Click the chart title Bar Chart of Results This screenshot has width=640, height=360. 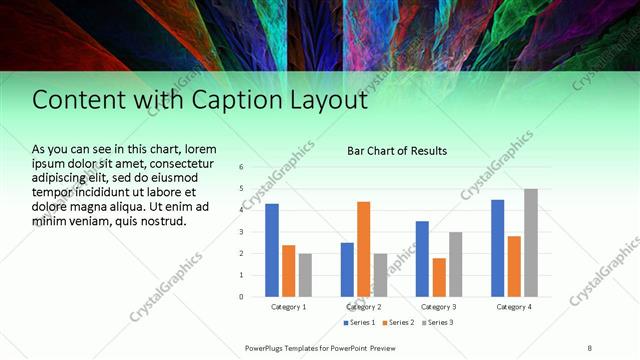click(x=396, y=151)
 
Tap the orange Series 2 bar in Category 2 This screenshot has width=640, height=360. click(x=363, y=249)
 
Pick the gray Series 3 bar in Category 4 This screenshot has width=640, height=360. click(x=530, y=242)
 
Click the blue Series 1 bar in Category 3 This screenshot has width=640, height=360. click(x=422, y=258)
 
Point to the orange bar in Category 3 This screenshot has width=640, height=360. click(x=438, y=277)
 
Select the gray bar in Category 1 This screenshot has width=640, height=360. click(x=305, y=274)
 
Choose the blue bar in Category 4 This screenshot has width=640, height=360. click(x=497, y=248)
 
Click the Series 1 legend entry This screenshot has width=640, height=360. click(x=359, y=323)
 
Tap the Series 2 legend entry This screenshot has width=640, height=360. click(x=397, y=323)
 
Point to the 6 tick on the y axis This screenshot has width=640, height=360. click(x=241, y=167)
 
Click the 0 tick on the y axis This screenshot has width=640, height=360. click(x=241, y=296)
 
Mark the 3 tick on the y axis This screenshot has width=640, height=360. click(x=241, y=232)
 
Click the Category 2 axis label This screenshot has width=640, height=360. click(x=363, y=307)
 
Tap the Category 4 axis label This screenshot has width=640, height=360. click(x=513, y=307)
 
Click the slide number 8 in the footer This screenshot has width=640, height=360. click(x=589, y=347)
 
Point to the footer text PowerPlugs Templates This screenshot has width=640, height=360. click(x=289, y=347)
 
